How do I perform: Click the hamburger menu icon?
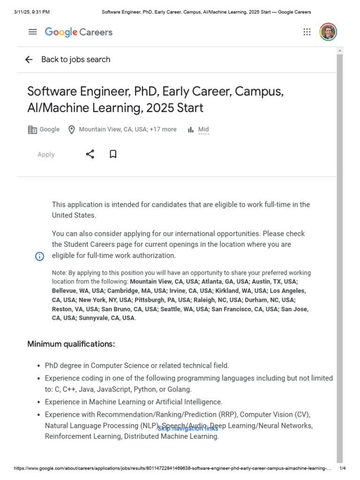(x=32, y=32)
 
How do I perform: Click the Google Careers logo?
(x=79, y=32)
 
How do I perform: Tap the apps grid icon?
(x=307, y=32)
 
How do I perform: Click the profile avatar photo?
(x=328, y=32)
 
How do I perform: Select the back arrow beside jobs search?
(x=29, y=60)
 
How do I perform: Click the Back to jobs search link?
(x=75, y=60)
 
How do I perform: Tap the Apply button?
(x=46, y=155)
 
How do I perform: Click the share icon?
(x=90, y=154)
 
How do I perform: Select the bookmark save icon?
(x=113, y=154)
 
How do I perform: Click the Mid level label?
(x=203, y=129)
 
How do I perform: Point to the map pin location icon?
(x=72, y=130)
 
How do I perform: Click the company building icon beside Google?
(x=32, y=130)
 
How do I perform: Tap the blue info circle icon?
(x=40, y=256)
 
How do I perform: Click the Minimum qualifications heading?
(x=71, y=344)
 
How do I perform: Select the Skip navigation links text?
(x=187, y=428)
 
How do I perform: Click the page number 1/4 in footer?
(x=342, y=468)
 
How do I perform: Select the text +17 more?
(x=163, y=129)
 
